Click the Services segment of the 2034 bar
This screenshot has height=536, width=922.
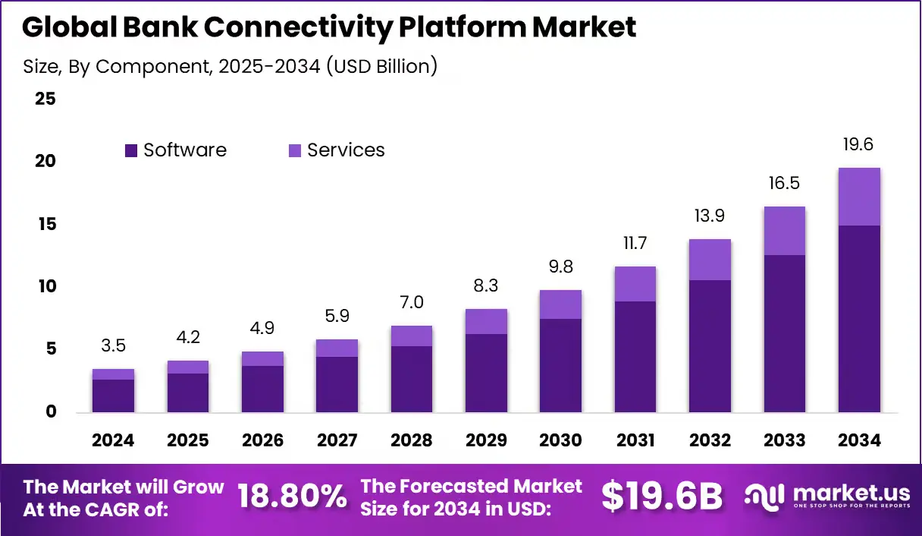(x=859, y=197)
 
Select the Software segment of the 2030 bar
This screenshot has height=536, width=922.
(x=560, y=365)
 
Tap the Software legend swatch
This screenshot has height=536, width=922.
(x=131, y=151)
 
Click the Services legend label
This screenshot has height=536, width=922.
(x=346, y=150)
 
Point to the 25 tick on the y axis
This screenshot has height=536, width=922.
(x=45, y=99)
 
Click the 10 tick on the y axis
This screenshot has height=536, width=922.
(x=45, y=286)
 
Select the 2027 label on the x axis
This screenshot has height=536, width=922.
(x=337, y=440)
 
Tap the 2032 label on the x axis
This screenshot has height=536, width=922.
(x=710, y=440)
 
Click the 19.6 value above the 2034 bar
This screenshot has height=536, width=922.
(x=859, y=144)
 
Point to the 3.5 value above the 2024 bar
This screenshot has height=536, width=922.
(x=113, y=346)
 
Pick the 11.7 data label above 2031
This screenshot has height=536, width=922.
(x=635, y=243)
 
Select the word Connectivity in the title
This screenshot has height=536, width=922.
(x=299, y=27)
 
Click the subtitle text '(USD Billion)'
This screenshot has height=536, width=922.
(x=383, y=66)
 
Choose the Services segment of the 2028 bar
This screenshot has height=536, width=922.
(x=411, y=336)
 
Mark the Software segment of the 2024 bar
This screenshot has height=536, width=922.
(x=113, y=396)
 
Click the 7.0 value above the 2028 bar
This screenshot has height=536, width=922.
(x=411, y=302)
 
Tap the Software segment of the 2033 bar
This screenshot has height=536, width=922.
(x=784, y=333)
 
